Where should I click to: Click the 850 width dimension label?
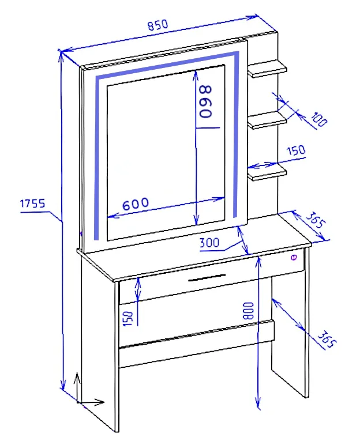[x=157, y=25]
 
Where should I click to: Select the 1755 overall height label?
[x=32, y=203]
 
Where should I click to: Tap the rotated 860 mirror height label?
[x=206, y=102]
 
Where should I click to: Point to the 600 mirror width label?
[x=136, y=203]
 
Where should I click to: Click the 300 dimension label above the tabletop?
[x=209, y=243]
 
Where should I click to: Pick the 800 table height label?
[x=249, y=311]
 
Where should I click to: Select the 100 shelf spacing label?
[x=319, y=119]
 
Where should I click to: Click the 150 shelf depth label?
[x=296, y=150]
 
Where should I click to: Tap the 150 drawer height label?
[x=128, y=318]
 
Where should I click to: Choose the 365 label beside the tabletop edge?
[x=315, y=220]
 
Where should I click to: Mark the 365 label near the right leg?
[x=327, y=339]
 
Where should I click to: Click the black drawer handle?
[x=207, y=278]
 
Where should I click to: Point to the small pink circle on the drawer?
[x=294, y=258]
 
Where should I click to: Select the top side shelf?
[x=267, y=69]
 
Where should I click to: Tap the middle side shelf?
[x=267, y=120]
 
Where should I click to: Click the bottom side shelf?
[x=267, y=172]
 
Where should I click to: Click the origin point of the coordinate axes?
[x=78, y=402]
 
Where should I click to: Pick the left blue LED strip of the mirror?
[x=97, y=159]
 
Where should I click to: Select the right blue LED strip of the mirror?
[x=236, y=134]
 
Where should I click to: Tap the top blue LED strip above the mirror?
[x=167, y=64]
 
